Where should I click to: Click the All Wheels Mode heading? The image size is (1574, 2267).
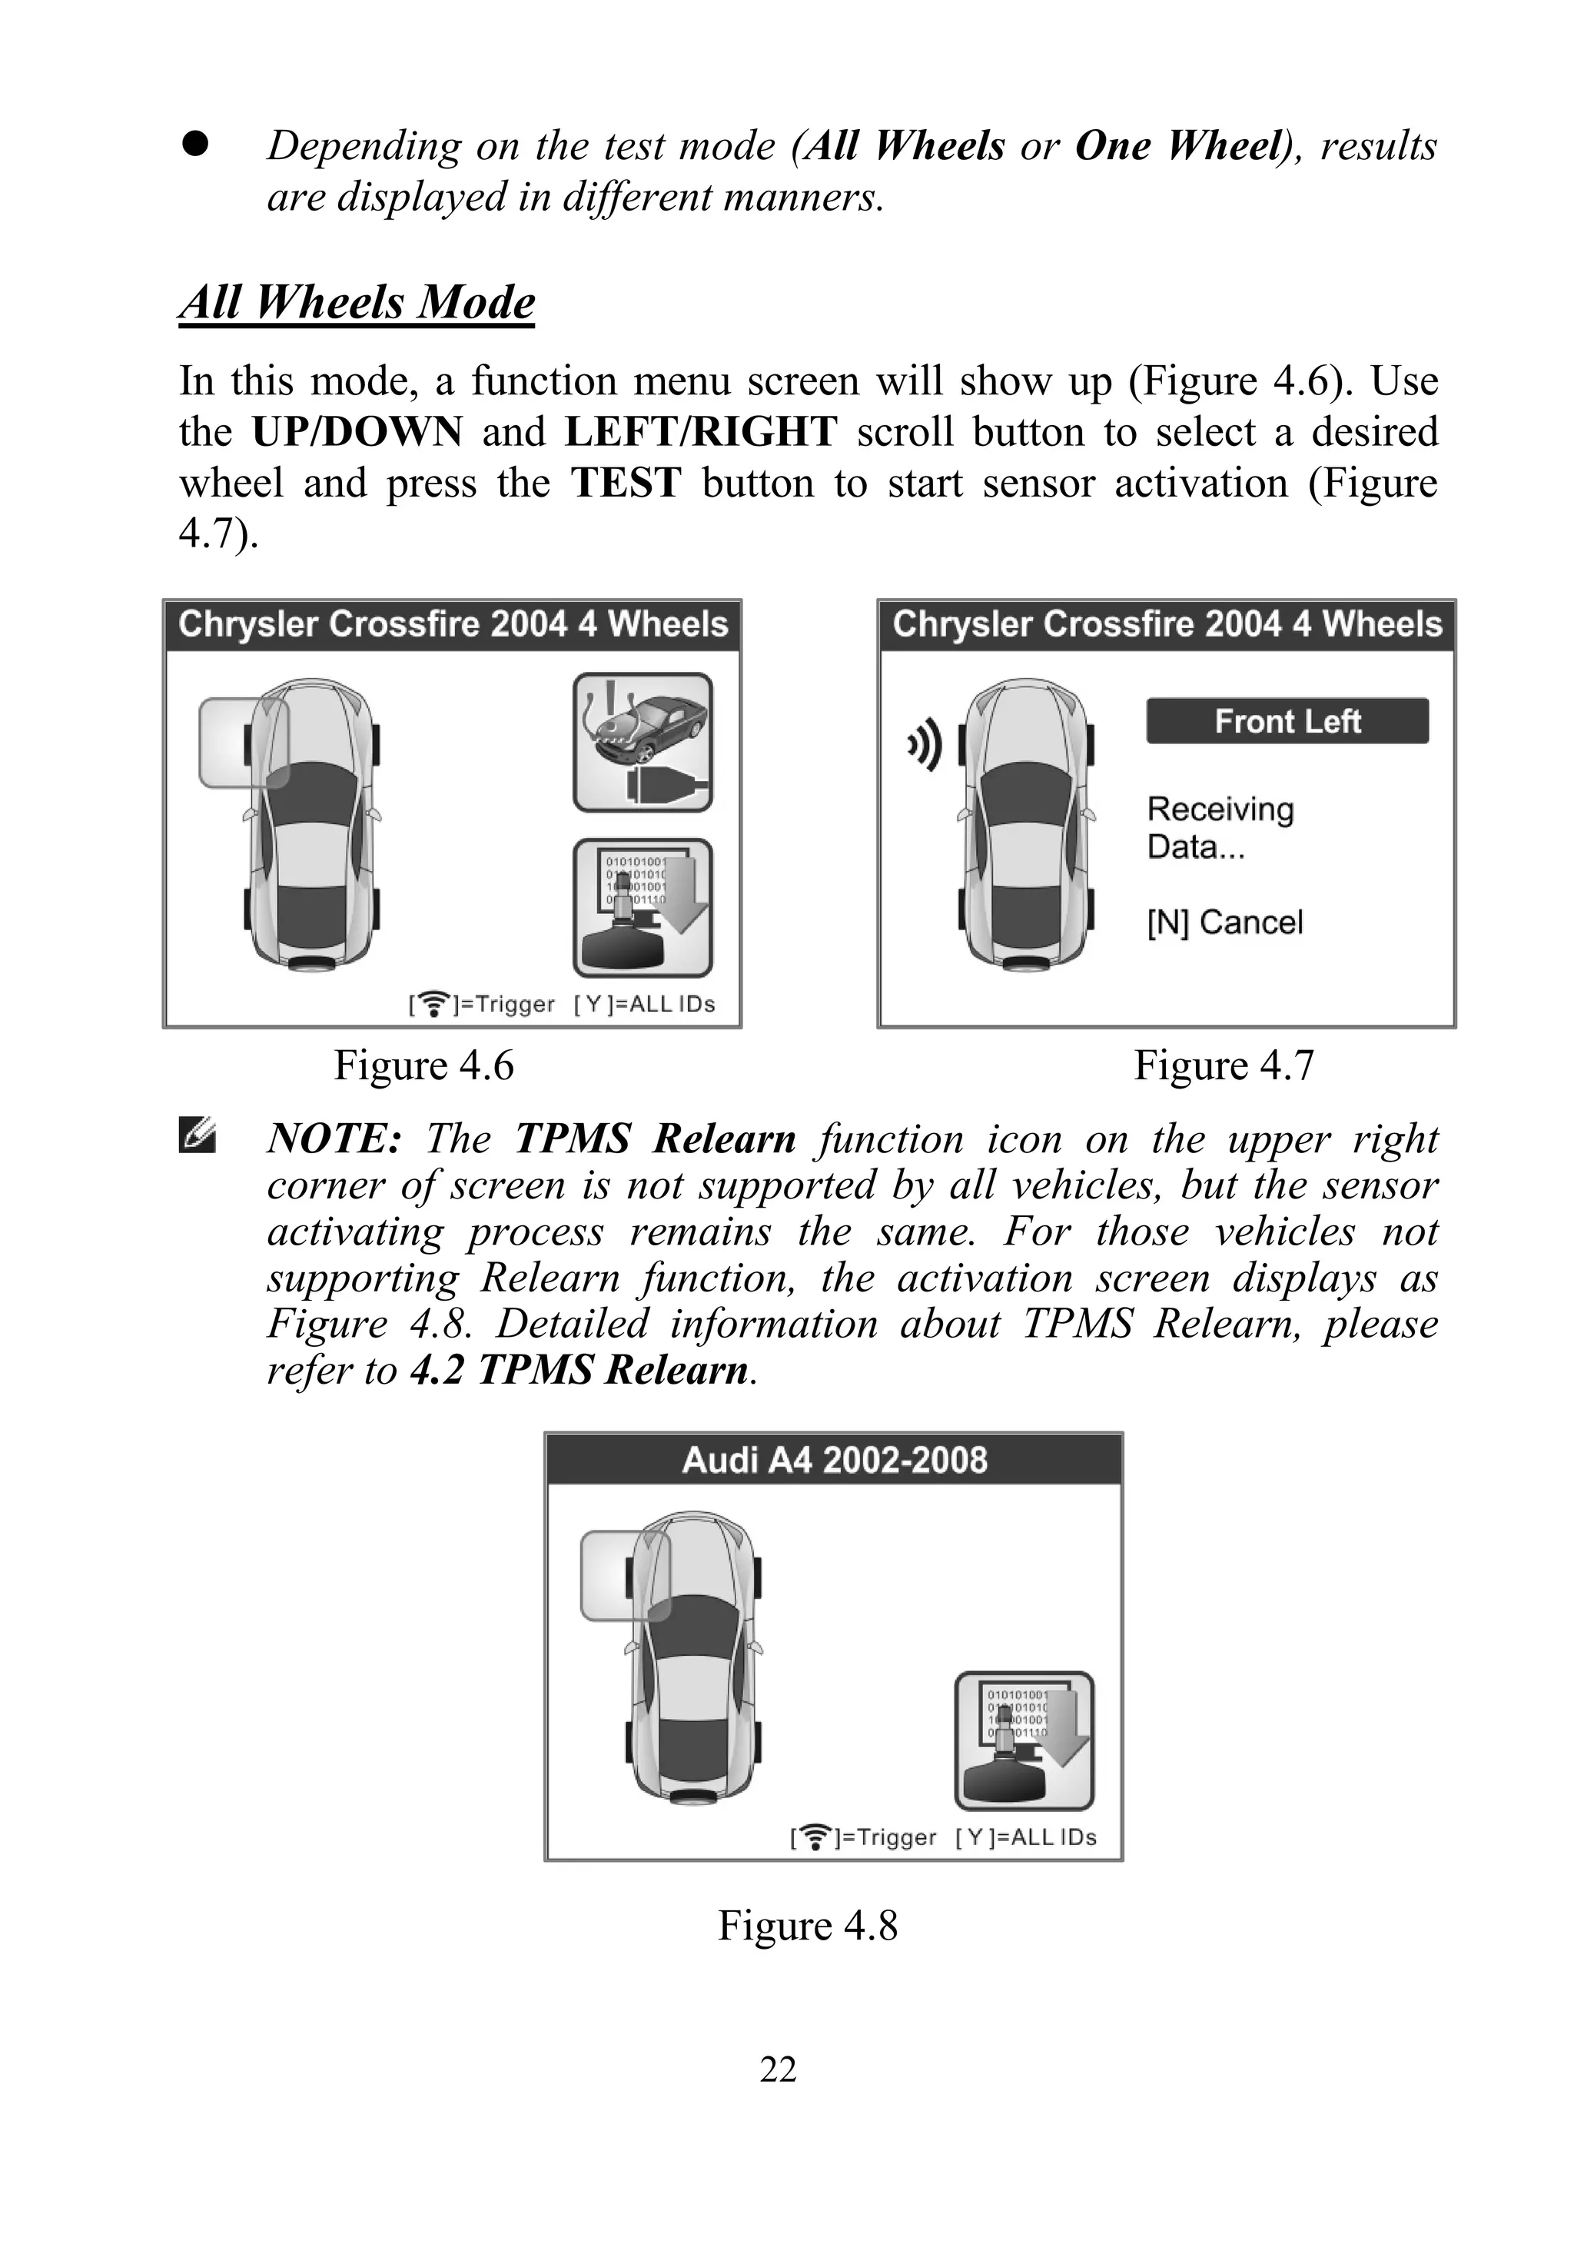[x=357, y=302]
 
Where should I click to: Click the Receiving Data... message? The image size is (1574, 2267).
[x=1220, y=828]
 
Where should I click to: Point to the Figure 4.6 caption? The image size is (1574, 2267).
[x=424, y=1065]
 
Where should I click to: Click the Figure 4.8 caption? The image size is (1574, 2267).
[x=807, y=1925]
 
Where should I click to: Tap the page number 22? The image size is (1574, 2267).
[x=777, y=2069]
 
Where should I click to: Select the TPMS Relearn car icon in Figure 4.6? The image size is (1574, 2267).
[x=643, y=743]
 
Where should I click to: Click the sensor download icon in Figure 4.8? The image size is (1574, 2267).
[x=1024, y=1740]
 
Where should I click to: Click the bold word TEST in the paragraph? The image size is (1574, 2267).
[x=626, y=484]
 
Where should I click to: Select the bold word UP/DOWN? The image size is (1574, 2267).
[x=357, y=432]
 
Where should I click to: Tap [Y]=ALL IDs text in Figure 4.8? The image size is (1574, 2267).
[x=1026, y=1837]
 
